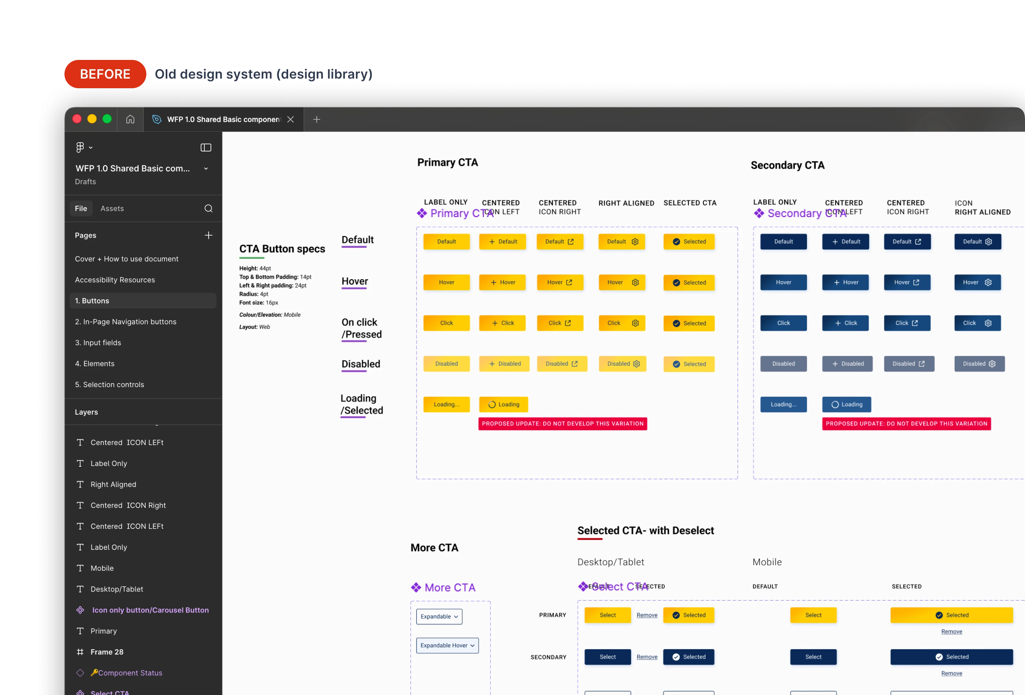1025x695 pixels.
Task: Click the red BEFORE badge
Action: (105, 74)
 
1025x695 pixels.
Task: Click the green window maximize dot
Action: (107, 119)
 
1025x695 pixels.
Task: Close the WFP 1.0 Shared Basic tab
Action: (290, 119)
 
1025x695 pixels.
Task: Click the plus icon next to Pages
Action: (208, 235)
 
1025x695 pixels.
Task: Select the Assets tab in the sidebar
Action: (112, 208)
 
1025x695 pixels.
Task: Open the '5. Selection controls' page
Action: (109, 384)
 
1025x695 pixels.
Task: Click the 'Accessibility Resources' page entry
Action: (115, 280)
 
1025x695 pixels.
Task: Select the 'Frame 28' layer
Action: (107, 652)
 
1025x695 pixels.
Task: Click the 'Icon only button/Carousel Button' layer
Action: (150, 610)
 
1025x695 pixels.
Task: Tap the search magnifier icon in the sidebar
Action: (208, 208)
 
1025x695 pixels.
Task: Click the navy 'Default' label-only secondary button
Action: (783, 242)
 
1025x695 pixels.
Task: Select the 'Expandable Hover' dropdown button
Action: (447, 645)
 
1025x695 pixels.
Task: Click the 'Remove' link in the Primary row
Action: (647, 615)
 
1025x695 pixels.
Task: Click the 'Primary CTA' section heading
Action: (447, 163)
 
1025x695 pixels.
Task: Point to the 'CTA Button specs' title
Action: (282, 249)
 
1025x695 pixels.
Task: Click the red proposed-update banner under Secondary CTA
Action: (906, 424)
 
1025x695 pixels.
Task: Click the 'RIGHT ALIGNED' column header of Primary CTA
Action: (626, 203)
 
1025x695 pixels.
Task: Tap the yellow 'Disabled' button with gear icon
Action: (622, 364)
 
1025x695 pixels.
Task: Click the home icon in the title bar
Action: (130, 119)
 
